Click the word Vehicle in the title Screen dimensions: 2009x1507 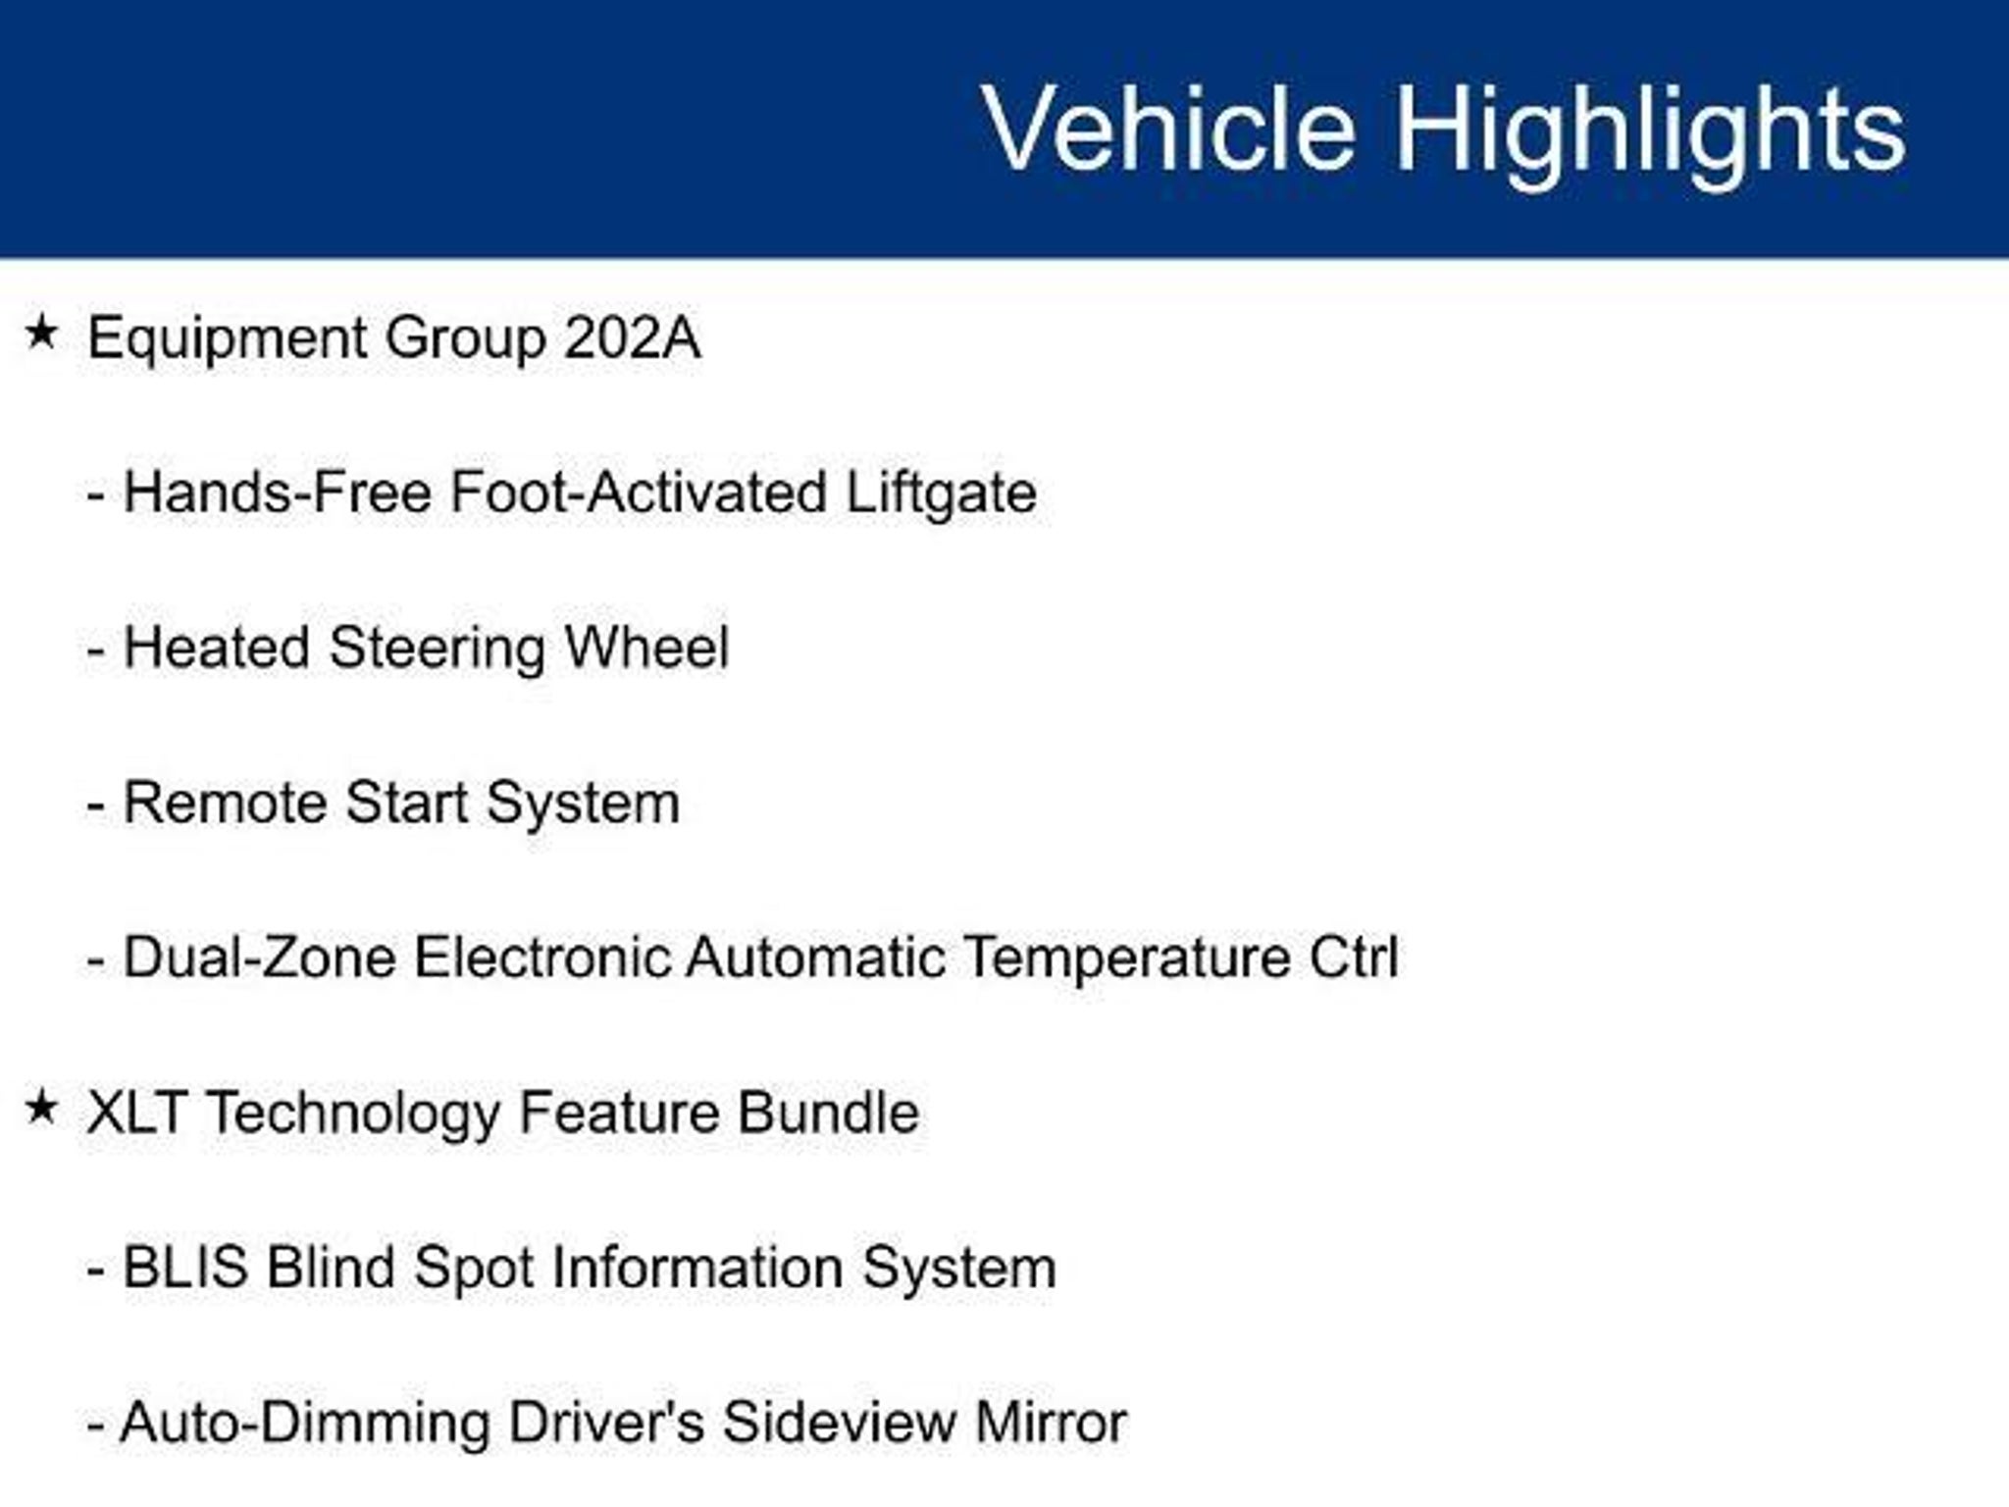(x=1168, y=129)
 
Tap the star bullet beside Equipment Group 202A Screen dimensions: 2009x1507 (x=41, y=333)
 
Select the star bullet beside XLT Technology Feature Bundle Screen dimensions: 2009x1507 (x=41, y=1108)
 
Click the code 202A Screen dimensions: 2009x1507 (x=632, y=338)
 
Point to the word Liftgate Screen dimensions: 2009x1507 (x=941, y=494)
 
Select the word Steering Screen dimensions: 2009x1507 (x=438, y=649)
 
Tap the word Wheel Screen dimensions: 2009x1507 (x=646, y=647)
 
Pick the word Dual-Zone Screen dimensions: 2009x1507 (x=260, y=957)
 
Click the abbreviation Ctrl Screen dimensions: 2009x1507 (x=1354, y=957)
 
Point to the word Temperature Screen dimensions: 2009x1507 (x=1127, y=959)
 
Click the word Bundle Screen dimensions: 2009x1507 (x=828, y=1113)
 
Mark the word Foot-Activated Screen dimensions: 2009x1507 (x=639, y=492)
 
